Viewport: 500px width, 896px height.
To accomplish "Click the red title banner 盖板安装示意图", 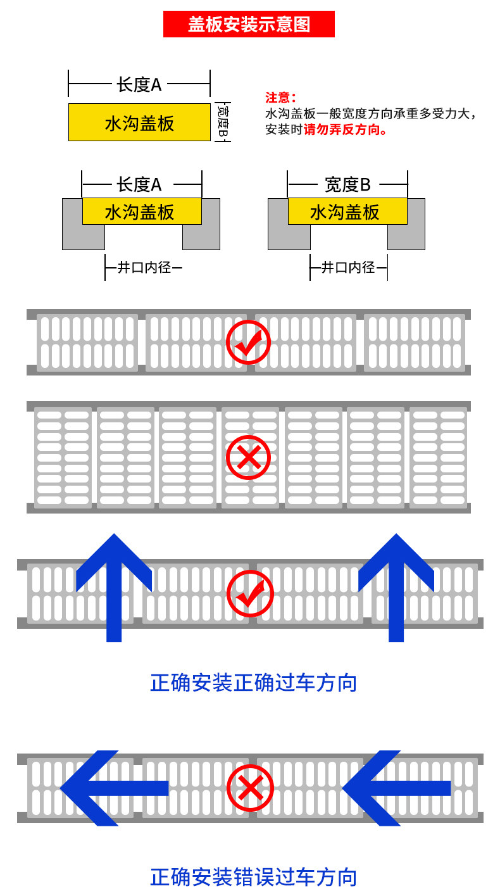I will tap(249, 24).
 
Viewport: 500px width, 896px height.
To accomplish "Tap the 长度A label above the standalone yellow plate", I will tap(139, 84).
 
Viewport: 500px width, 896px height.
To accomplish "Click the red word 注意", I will tap(280, 98).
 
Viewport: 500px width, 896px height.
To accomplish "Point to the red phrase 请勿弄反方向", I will tap(346, 130).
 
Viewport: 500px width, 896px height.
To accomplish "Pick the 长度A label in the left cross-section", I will tap(139, 184).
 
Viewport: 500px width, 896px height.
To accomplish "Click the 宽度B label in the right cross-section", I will tap(347, 184).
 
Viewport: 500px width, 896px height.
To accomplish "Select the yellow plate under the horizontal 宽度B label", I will tap(347, 211).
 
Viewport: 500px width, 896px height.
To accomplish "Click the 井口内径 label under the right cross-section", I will tap(348, 267).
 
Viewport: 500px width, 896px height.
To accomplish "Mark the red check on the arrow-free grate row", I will tap(249, 342).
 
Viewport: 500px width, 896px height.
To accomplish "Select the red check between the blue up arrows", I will tap(250, 594).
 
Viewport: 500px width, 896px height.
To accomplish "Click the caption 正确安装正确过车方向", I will tap(254, 683).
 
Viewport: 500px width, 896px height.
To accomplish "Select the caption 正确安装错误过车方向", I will tap(254, 877).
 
